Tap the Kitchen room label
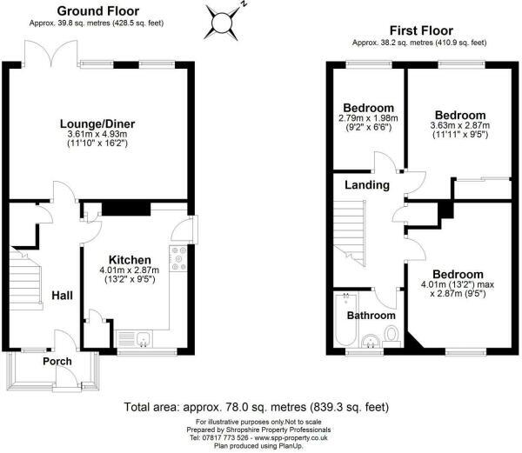130,259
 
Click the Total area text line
256,406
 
